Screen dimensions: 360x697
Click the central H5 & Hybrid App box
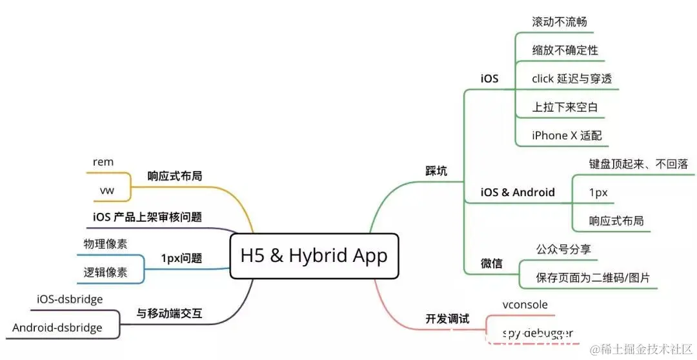314,255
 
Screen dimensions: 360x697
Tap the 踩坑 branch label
436,171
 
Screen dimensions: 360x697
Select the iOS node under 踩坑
489,79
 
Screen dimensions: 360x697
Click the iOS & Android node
518,192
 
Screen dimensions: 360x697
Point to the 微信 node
491,264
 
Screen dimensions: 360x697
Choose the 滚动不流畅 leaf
559,21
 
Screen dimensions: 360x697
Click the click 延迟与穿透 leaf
571,78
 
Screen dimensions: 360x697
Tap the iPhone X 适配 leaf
566,135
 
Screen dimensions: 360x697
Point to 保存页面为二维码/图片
592,278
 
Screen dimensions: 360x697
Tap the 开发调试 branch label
447,319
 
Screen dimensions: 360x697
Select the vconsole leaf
526,305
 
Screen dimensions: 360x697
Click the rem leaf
103,162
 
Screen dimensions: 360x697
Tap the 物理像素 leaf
105,244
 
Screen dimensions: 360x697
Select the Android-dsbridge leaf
57,328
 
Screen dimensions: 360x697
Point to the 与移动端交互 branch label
169,314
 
